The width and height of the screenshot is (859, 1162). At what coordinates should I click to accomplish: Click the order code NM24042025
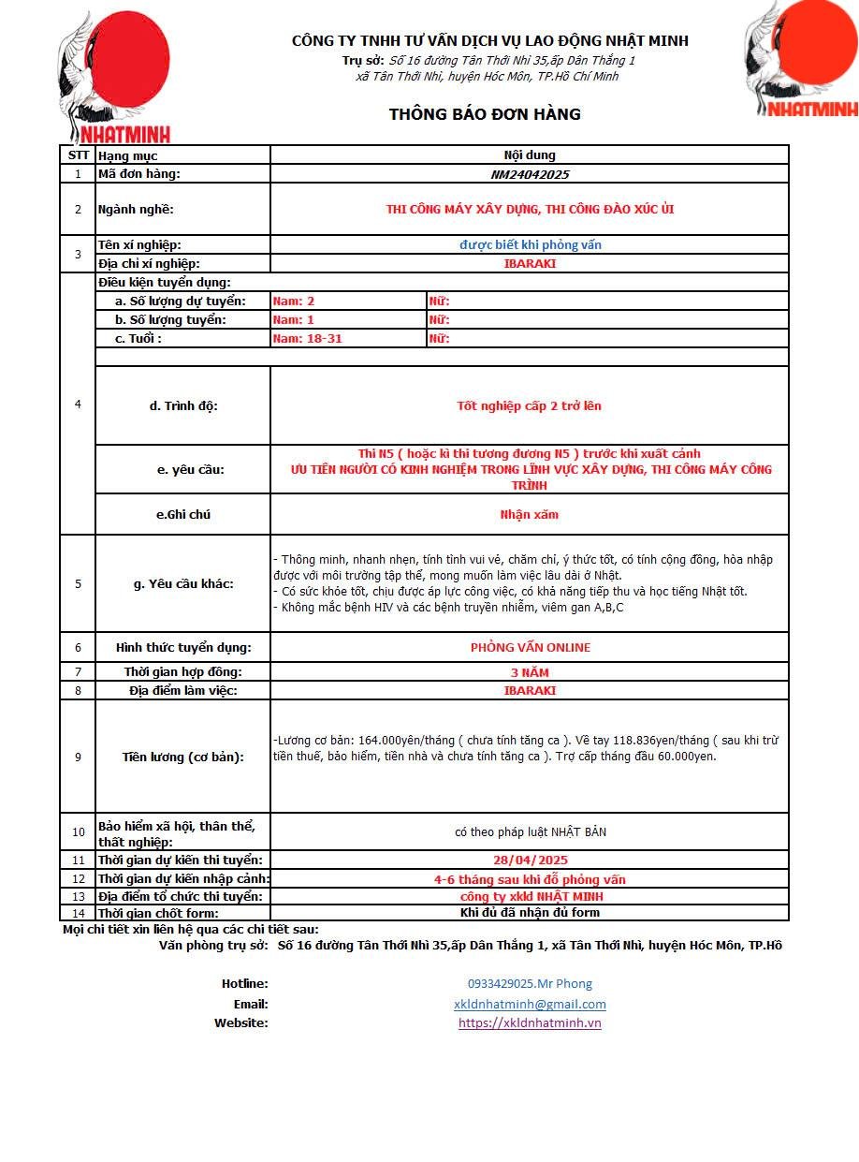point(530,174)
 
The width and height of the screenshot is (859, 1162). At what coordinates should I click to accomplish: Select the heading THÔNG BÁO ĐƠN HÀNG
point(485,114)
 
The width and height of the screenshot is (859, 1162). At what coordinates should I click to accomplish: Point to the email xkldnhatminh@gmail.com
point(530,1004)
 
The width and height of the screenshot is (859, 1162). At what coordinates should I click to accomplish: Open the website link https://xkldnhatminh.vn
point(530,1022)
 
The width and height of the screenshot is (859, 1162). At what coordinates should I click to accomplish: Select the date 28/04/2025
point(530,860)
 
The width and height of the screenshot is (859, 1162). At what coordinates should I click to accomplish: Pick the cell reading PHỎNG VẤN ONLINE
point(530,647)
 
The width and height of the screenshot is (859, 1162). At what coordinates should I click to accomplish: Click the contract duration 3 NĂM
point(530,672)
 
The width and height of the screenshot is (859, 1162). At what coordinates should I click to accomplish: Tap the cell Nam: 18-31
point(307,338)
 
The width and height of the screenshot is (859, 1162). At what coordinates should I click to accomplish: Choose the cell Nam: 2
point(293,301)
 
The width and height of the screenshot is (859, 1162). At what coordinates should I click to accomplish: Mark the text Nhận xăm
point(530,514)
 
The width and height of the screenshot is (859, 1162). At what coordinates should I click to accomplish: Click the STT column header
point(78,155)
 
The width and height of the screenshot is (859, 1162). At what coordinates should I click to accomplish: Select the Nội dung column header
point(530,155)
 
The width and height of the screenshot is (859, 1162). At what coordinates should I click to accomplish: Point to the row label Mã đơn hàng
point(139,174)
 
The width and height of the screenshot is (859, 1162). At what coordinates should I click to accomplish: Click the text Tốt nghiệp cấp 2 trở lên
point(530,405)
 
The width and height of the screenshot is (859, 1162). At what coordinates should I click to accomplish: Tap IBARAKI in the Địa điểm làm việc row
point(530,690)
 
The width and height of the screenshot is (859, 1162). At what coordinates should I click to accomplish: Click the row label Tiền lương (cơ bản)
point(183,757)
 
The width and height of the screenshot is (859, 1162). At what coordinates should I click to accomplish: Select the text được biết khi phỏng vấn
point(530,244)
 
